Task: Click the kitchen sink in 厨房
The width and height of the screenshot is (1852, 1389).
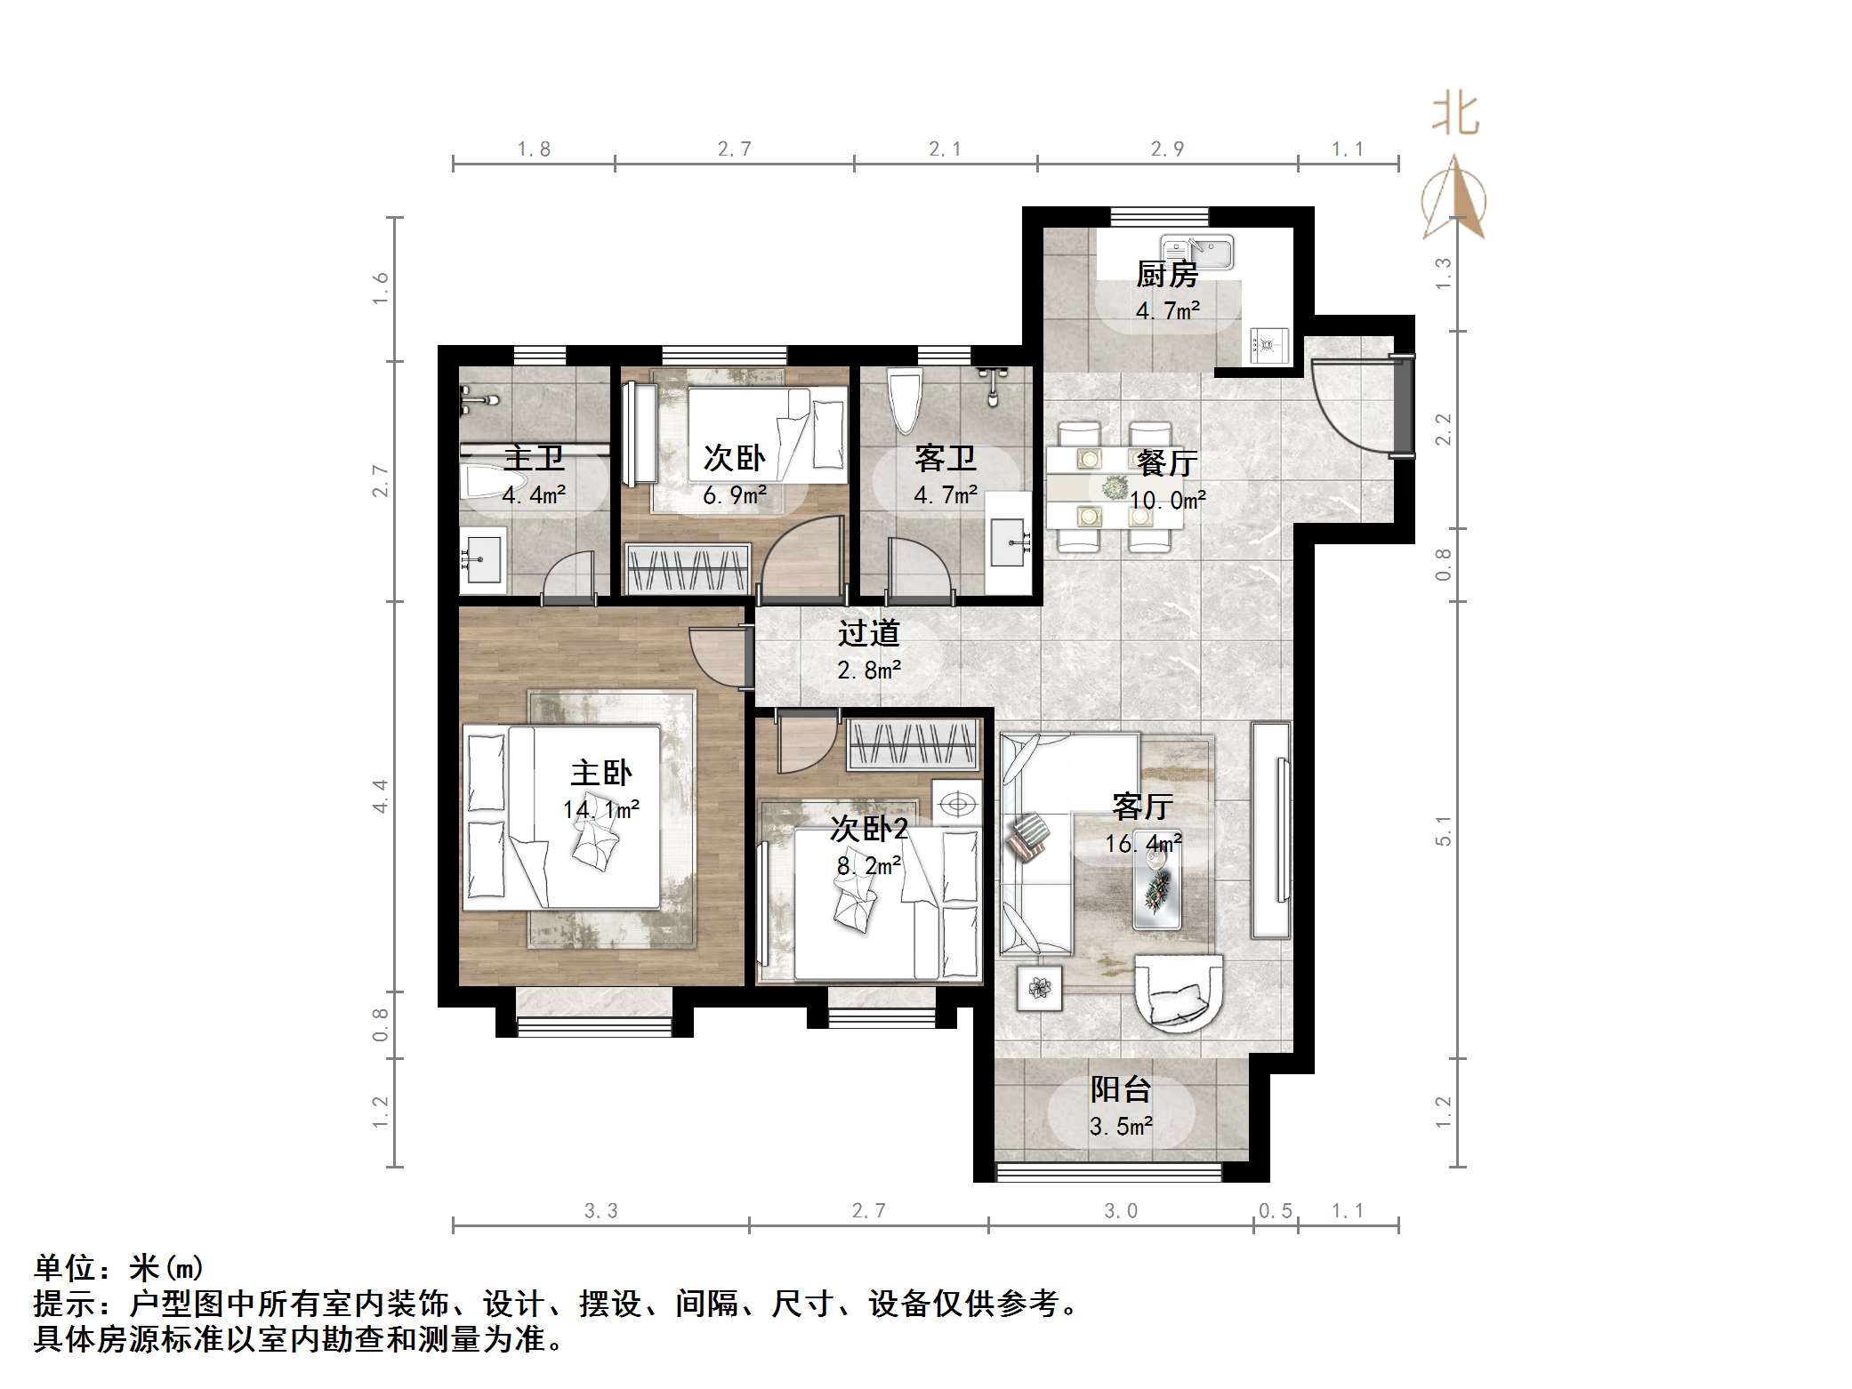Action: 1197,252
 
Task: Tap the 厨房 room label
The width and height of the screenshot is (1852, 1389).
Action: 1167,275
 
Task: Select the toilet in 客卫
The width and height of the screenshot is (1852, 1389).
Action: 905,402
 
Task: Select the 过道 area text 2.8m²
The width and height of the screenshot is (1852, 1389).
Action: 869,670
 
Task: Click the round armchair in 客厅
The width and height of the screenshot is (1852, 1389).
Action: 1179,992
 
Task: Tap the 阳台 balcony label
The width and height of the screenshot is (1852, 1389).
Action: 1121,1089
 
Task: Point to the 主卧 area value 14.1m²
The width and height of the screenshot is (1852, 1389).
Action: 601,810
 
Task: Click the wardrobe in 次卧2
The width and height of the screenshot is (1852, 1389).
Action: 914,745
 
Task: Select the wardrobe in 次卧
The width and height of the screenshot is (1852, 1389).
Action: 688,569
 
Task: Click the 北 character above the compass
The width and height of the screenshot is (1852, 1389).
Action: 1455,114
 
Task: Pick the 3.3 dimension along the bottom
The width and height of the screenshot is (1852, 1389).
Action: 600,1210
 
